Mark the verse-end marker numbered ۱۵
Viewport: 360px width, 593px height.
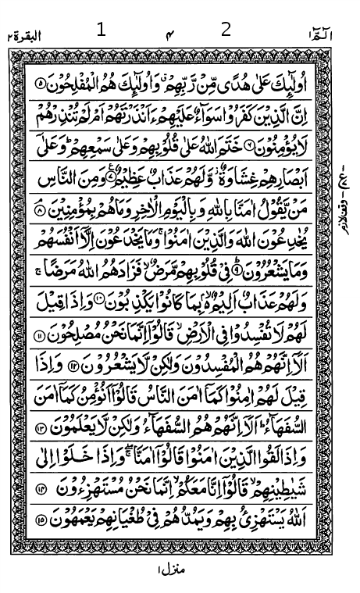point(41,520)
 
